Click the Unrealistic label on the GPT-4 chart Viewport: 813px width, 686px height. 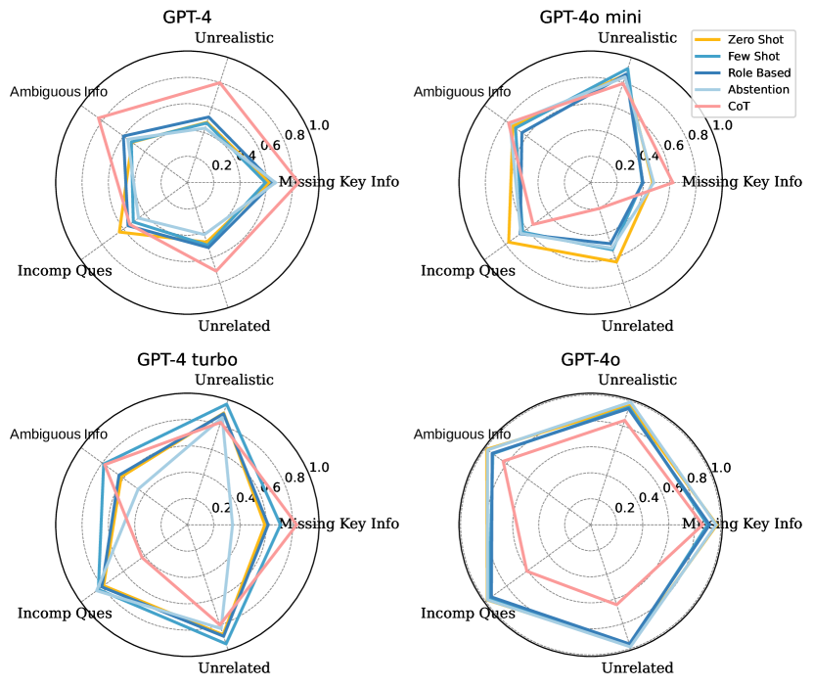(x=234, y=38)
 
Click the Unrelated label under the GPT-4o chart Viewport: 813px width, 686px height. (x=637, y=668)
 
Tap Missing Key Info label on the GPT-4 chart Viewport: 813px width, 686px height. (x=339, y=182)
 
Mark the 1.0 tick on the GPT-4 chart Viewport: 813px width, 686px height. (x=319, y=125)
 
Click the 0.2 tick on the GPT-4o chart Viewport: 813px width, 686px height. (x=625, y=507)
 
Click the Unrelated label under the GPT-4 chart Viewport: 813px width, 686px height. (x=234, y=326)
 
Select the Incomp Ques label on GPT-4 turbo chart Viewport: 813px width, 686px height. (x=65, y=614)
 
